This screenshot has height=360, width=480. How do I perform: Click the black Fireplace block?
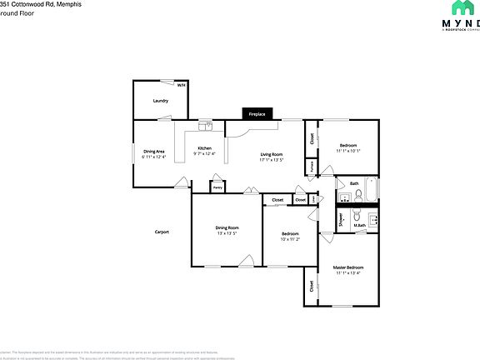tap(257, 114)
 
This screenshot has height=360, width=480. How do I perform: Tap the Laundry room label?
tap(161, 101)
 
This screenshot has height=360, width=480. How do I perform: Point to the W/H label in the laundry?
tap(182, 85)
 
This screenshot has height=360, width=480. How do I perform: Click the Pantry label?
tap(217, 187)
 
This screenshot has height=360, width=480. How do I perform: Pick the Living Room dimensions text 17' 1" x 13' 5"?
tap(272, 160)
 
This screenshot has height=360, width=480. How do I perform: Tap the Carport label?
tap(162, 232)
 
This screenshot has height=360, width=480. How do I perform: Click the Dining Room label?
tap(227, 227)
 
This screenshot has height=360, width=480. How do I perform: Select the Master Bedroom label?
tap(348, 267)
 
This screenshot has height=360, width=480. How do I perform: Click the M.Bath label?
tap(360, 225)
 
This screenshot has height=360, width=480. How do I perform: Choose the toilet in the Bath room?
tap(357, 197)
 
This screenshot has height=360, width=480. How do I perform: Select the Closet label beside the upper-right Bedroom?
tap(312, 138)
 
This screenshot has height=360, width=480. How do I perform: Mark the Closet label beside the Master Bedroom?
tap(312, 285)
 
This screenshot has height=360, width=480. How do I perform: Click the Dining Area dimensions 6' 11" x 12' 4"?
tap(154, 157)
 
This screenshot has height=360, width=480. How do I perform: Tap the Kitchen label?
tap(204, 148)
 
